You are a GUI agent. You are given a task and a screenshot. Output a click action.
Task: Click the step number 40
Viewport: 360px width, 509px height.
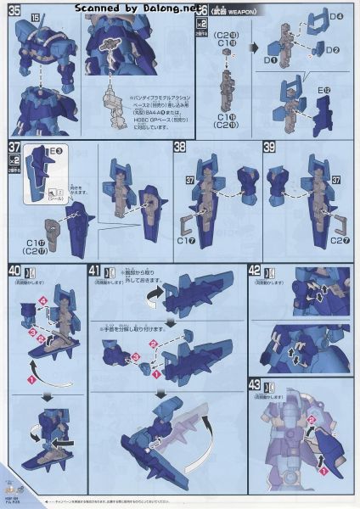(13, 271)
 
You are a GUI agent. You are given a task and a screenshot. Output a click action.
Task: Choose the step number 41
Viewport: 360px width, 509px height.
(95, 271)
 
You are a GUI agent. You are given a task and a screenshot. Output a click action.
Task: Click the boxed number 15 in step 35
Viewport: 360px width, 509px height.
(37, 17)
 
